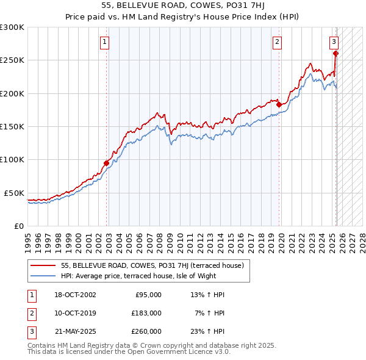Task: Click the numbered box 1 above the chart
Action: (105, 42)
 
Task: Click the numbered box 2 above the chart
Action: (277, 42)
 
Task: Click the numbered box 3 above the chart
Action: (334, 42)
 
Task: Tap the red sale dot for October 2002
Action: (106, 163)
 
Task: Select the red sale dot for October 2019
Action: (279, 105)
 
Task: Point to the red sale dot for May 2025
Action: (336, 54)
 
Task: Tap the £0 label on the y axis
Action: (18, 226)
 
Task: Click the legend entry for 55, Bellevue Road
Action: (152, 265)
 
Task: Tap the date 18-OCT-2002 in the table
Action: (75, 295)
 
